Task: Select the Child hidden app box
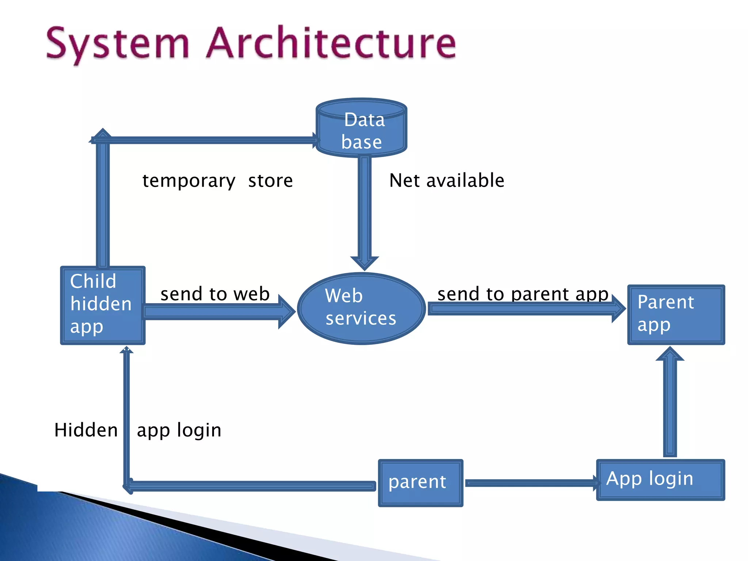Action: [103, 305]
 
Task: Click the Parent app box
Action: [676, 314]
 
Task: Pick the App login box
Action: [660, 480]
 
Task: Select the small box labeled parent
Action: [420, 482]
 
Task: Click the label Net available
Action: [446, 180]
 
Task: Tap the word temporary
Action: [188, 181]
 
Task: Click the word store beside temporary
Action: [270, 181]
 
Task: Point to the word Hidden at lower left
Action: [86, 430]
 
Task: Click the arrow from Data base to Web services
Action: [365, 212]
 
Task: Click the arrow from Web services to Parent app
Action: [526, 309]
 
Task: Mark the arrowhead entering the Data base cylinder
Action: [316, 140]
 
